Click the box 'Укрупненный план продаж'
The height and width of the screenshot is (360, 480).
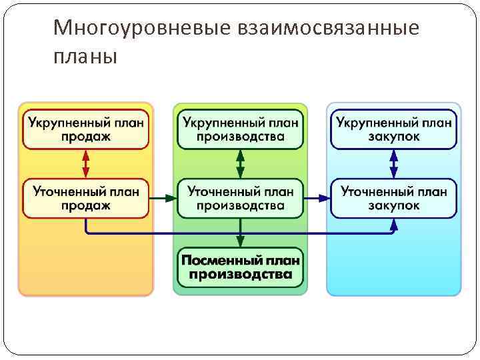[86, 129]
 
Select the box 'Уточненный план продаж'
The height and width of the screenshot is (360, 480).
[86, 198]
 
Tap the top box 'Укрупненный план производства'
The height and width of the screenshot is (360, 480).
[240, 129]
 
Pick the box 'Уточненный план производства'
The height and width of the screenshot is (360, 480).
[240, 198]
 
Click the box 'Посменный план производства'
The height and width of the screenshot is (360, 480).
[240, 267]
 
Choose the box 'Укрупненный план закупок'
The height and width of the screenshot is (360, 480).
[393, 129]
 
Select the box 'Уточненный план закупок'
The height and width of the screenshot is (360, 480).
[393, 198]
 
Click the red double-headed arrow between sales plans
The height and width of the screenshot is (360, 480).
[86, 163]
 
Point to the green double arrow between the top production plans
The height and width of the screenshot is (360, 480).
[240, 163]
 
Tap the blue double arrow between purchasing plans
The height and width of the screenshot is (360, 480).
[393, 163]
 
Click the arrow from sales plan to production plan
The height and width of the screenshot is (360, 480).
[163, 198]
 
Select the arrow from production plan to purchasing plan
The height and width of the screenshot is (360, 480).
[317, 198]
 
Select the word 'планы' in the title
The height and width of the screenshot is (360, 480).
[85, 56]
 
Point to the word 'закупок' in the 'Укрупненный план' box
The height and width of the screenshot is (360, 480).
[393, 137]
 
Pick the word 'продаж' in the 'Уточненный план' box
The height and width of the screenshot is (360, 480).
[86, 205]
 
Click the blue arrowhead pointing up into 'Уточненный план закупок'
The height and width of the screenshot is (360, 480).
[393, 225]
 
